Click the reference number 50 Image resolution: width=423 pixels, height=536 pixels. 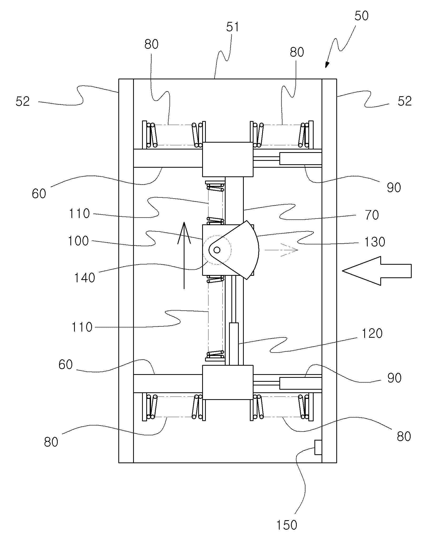click(x=361, y=16)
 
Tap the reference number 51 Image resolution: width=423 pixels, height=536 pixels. click(x=233, y=27)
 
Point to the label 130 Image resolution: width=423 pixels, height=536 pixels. click(x=375, y=242)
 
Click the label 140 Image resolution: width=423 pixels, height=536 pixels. click(x=84, y=278)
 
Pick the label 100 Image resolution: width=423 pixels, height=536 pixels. click(x=78, y=241)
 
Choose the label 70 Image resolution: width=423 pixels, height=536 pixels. click(x=372, y=215)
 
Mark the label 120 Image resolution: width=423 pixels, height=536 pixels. click(x=372, y=334)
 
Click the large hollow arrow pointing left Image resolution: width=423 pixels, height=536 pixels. click(x=377, y=271)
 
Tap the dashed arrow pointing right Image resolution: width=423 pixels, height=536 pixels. click(x=281, y=250)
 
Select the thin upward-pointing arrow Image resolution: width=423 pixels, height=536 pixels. click(x=184, y=256)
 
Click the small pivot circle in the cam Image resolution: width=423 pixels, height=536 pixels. click(x=217, y=249)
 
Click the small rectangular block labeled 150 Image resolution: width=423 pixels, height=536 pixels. click(x=318, y=447)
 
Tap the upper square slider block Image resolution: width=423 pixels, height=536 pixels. click(x=228, y=160)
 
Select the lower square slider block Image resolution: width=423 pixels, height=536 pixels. click(x=228, y=382)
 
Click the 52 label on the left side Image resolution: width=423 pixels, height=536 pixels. click(x=23, y=102)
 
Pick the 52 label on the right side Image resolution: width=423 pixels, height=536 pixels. click(x=405, y=101)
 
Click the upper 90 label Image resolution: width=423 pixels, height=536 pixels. click(x=394, y=187)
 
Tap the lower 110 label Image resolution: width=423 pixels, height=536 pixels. click(x=82, y=327)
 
